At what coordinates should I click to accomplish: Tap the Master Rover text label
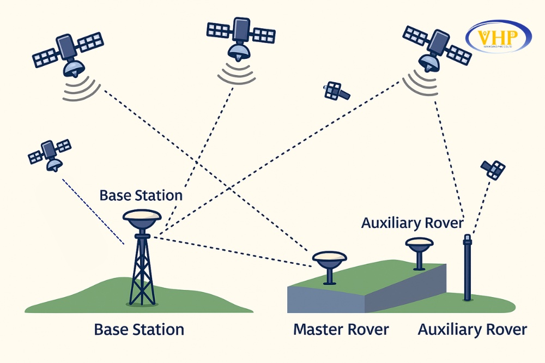click(x=341, y=330)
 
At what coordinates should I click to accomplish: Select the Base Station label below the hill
click(x=139, y=330)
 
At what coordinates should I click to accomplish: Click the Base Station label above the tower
click(x=141, y=195)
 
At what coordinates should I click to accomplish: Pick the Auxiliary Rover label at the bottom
click(x=472, y=330)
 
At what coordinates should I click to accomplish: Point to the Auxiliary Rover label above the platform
click(x=412, y=223)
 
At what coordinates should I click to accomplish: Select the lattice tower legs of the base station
click(x=142, y=273)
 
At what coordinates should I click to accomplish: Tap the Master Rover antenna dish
click(x=329, y=258)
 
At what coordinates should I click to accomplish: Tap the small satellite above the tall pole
click(x=493, y=170)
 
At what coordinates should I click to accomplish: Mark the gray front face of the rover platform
click(x=327, y=299)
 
